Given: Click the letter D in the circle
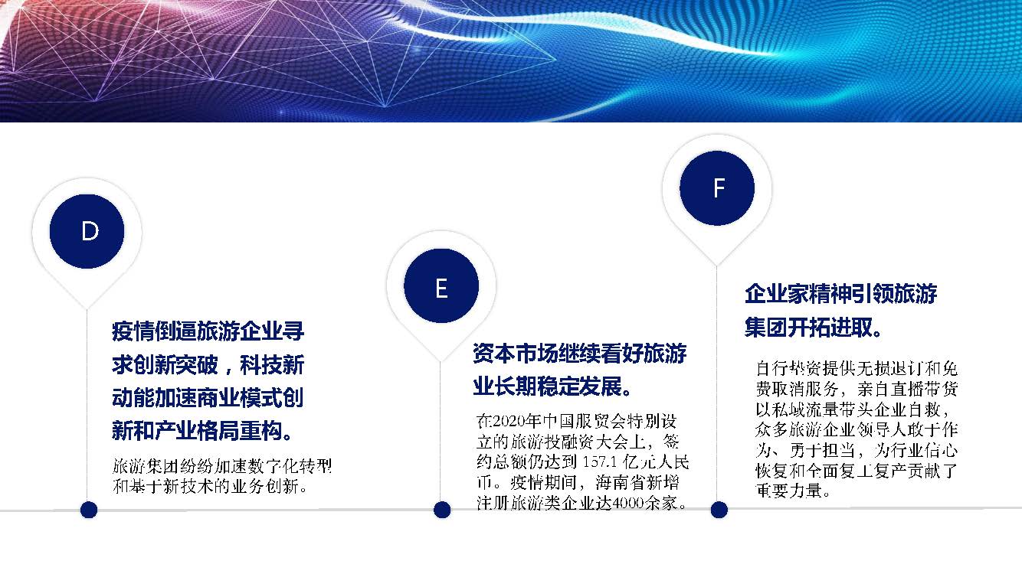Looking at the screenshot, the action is [x=90, y=230].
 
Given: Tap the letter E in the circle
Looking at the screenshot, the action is [x=441, y=289].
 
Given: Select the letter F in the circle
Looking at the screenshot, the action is [x=719, y=188].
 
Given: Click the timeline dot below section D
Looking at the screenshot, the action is [x=89, y=510].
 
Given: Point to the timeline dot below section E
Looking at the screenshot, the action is [x=441, y=510].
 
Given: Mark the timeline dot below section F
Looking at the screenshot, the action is [x=719, y=510].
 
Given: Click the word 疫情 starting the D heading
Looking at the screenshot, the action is [x=133, y=331].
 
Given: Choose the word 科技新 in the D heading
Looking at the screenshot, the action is [x=272, y=365].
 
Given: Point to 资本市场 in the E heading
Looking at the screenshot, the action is [x=515, y=354].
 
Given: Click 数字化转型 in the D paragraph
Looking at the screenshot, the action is [x=290, y=466].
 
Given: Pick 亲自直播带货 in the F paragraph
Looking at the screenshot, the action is [x=908, y=389].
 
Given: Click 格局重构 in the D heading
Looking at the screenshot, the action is [x=241, y=430].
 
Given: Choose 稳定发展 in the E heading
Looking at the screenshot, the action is [x=579, y=386].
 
